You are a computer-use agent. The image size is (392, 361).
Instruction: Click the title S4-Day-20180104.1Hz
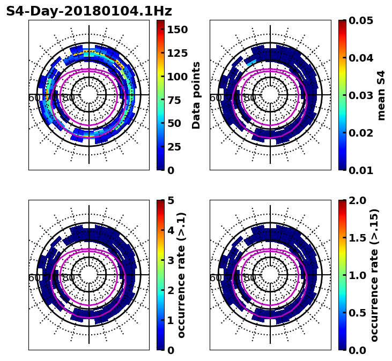[89, 11]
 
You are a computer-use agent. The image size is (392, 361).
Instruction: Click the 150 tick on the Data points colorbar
[177, 29]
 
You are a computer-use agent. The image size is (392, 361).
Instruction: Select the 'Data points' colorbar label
[196, 95]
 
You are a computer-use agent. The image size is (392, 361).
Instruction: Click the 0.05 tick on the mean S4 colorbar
[361, 20]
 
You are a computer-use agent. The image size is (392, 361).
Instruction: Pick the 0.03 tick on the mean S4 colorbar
[361, 95]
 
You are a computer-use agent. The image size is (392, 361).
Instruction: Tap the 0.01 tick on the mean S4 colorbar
[361, 170]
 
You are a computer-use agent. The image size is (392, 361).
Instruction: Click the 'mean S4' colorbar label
[381, 95]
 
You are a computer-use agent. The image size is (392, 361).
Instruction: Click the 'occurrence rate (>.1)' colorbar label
[181, 275]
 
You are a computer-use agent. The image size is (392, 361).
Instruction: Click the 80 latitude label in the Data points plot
[69, 98]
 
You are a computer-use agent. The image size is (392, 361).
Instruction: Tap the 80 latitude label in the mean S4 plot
[250, 98]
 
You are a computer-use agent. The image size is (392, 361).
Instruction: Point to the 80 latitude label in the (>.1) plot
[69, 278]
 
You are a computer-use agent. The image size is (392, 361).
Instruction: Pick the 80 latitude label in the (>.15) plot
[250, 278]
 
